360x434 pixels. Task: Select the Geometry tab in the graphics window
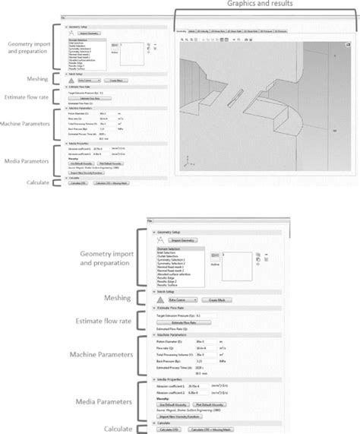click(181, 33)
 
